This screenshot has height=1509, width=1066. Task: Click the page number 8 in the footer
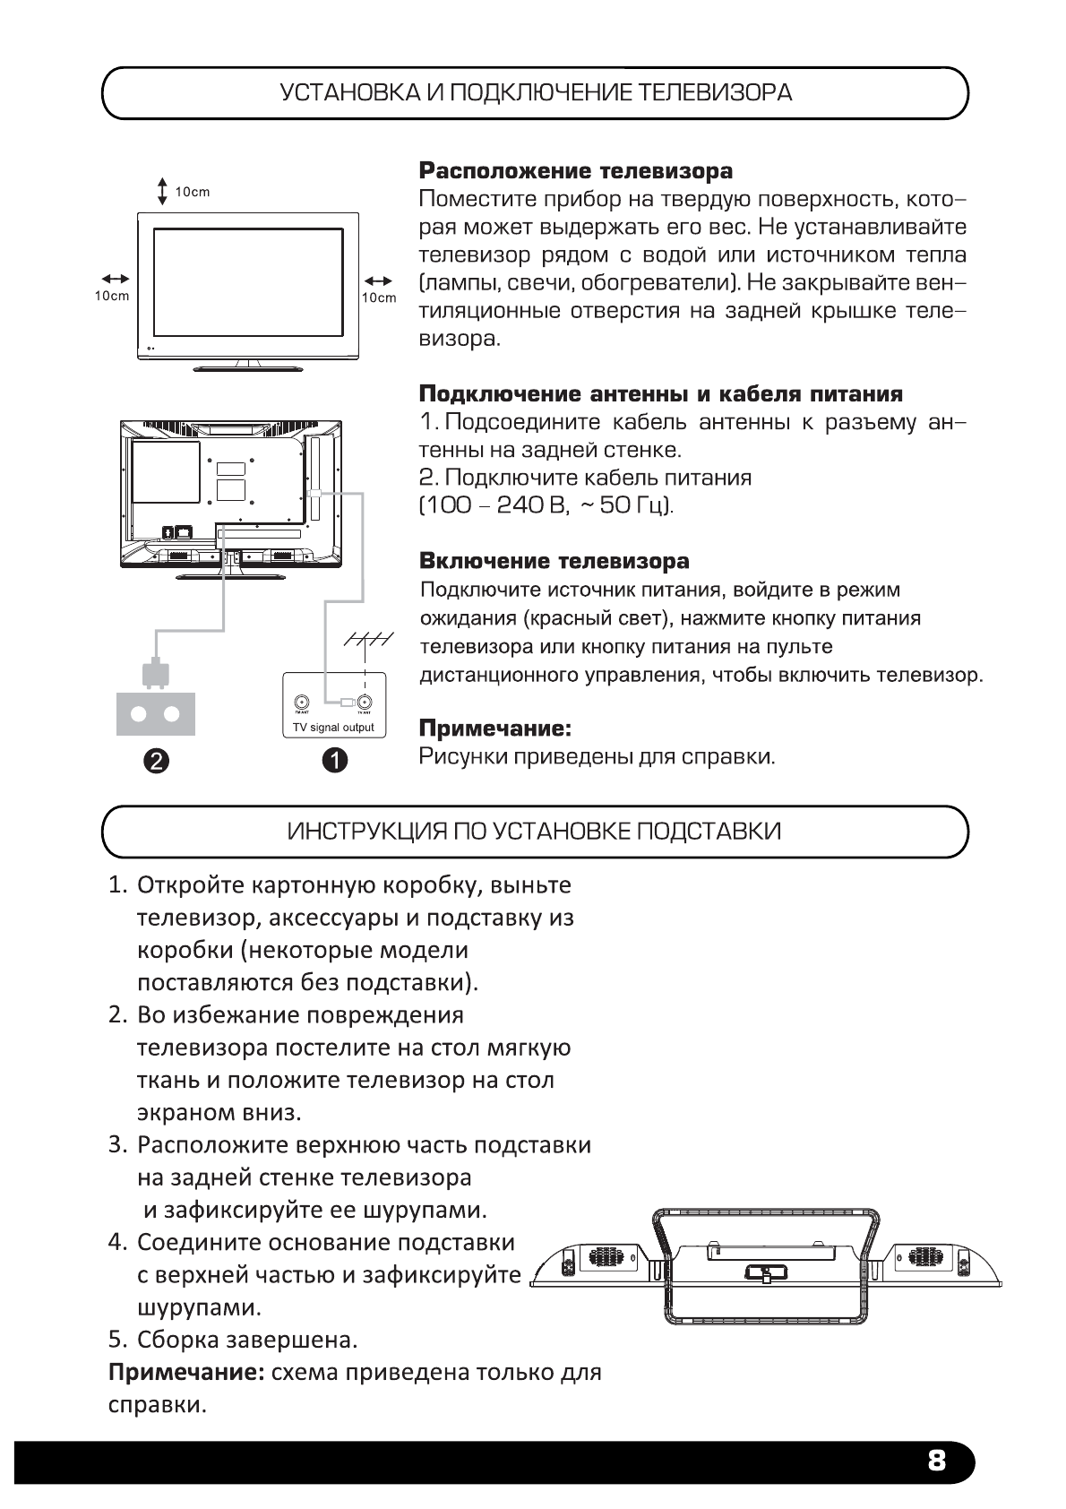(936, 1462)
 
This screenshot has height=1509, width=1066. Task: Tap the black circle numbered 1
(334, 761)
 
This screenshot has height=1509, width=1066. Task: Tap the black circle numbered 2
(155, 761)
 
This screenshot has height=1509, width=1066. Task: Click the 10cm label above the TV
(192, 192)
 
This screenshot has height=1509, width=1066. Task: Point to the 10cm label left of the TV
(112, 297)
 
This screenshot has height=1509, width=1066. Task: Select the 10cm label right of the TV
(378, 297)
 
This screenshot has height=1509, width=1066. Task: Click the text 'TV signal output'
(333, 728)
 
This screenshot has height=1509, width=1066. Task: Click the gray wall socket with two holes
(155, 713)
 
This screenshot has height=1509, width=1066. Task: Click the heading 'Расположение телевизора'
(576, 170)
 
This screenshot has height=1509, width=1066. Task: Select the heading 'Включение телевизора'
(554, 562)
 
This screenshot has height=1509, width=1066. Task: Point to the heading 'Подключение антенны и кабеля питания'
(661, 394)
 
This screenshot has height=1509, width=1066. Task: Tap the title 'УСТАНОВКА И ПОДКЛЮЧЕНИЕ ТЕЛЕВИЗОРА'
(535, 93)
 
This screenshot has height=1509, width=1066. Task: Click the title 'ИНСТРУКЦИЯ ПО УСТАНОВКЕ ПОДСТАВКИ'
(534, 832)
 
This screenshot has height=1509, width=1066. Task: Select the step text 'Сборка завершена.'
(246, 1340)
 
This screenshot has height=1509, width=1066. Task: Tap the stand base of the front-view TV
(249, 367)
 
